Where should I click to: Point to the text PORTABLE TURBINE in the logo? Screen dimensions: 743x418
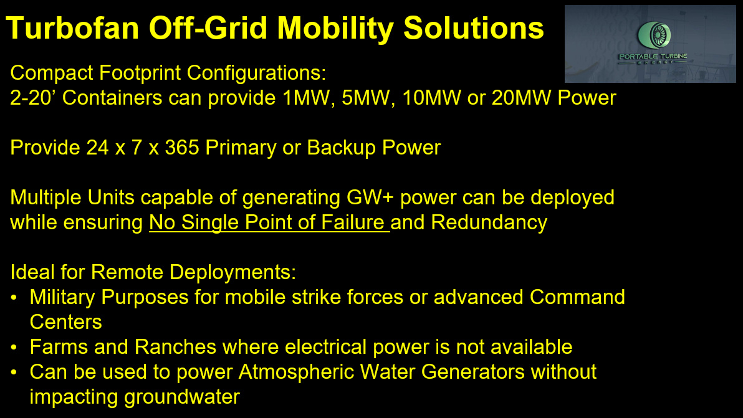(653, 56)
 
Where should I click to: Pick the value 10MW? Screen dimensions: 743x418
(431, 98)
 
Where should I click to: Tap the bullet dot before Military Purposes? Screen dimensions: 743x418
(14, 298)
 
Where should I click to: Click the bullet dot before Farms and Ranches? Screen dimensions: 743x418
(14, 348)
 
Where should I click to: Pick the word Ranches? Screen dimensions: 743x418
(175, 347)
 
